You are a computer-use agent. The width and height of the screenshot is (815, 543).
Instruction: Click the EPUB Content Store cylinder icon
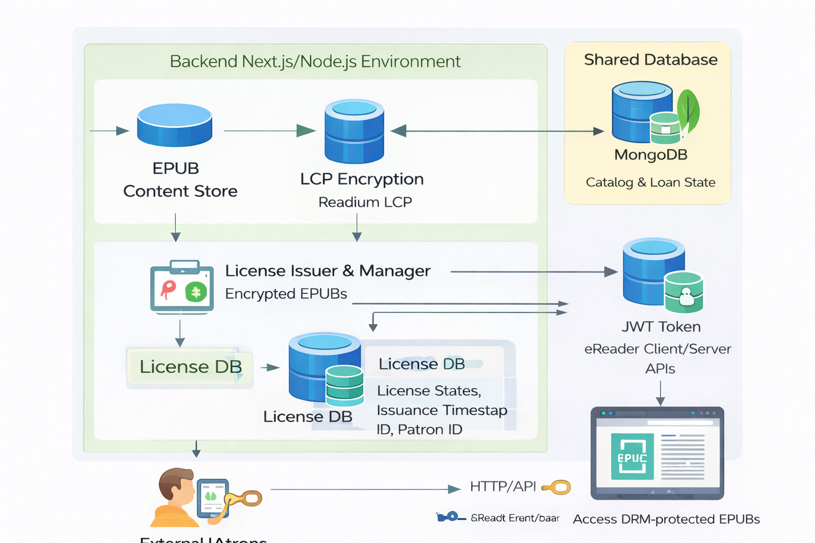pyautogui.click(x=175, y=125)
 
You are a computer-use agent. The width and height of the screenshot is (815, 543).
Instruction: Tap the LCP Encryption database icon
pyautogui.click(x=354, y=132)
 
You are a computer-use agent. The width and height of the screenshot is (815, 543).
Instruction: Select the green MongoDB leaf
pyautogui.click(x=688, y=111)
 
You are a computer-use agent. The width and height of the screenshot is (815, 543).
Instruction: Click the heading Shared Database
pyautogui.click(x=651, y=60)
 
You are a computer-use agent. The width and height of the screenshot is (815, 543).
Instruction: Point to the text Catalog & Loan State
pyautogui.click(x=651, y=182)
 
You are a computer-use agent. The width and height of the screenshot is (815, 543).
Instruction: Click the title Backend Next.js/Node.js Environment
pyautogui.click(x=315, y=62)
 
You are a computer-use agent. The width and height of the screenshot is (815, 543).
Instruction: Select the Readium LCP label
pyautogui.click(x=365, y=202)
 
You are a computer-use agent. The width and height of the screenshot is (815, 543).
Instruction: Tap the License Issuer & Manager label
pyautogui.click(x=327, y=271)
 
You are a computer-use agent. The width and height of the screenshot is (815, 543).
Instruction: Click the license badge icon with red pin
pyautogui.click(x=182, y=287)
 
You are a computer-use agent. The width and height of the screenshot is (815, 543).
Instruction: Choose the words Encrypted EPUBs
pyautogui.click(x=286, y=294)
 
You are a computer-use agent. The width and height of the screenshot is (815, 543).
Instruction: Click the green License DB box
pyautogui.click(x=190, y=367)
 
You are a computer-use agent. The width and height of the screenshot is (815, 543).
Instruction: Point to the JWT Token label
pyautogui.click(x=661, y=327)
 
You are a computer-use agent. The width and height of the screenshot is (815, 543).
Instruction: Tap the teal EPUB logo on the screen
pyautogui.click(x=632, y=457)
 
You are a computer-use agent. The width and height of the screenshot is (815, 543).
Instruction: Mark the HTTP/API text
pyautogui.click(x=502, y=487)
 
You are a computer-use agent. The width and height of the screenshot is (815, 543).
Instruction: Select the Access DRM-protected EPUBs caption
pyautogui.click(x=666, y=519)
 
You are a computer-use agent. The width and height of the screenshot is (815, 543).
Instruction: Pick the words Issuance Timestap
pyautogui.click(x=441, y=410)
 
